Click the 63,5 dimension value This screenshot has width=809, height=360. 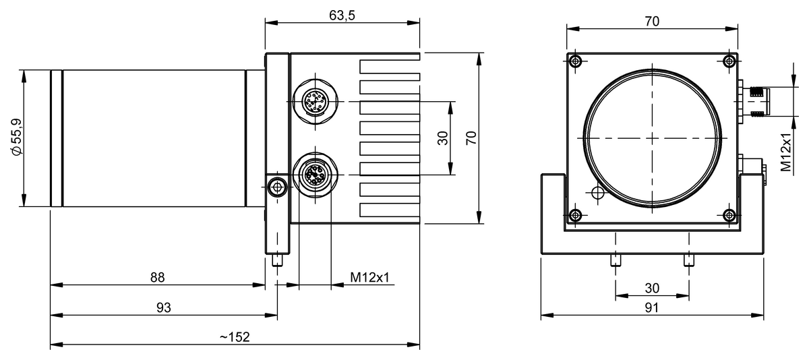[x=342, y=16]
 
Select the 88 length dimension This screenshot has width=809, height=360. [x=157, y=277]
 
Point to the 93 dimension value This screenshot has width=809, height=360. [x=164, y=307]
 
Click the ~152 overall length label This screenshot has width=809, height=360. [x=235, y=337]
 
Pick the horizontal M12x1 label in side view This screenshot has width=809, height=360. [x=370, y=277]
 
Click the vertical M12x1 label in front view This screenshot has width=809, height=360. [x=786, y=153]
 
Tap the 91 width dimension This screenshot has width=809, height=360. [x=652, y=307]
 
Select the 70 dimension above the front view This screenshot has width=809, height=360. [x=652, y=21]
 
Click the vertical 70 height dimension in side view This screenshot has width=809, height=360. [x=472, y=138]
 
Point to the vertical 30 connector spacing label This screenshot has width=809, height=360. [x=443, y=138]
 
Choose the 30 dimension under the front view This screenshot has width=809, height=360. [x=652, y=288]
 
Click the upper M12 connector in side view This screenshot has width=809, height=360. [x=314, y=102]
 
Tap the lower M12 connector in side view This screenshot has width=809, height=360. [x=314, y=177]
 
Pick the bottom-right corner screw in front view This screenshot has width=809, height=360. [x=729, y=215]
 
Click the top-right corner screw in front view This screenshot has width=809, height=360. [x=729, y=62]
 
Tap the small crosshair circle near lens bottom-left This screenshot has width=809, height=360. [x=596, y=193]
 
